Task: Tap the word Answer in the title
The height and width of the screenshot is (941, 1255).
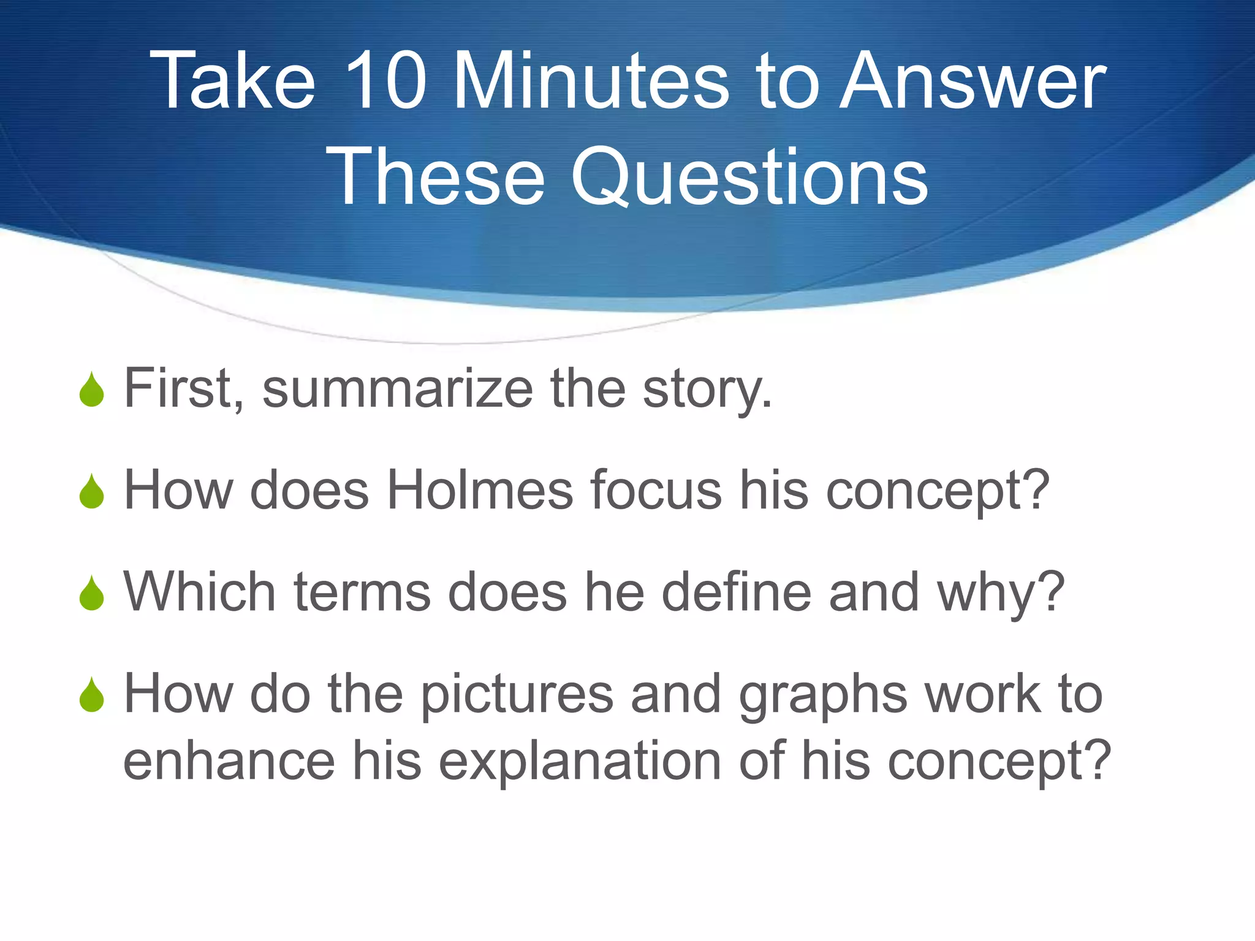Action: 973,81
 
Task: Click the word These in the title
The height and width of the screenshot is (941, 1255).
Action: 435,178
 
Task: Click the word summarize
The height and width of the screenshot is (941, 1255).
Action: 398,388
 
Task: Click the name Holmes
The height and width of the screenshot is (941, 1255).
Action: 480,489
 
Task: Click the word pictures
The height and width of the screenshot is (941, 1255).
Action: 517,695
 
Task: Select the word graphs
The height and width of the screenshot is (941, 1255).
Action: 822,695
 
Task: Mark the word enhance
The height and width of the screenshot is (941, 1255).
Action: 229,761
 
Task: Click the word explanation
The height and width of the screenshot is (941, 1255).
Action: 580,761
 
